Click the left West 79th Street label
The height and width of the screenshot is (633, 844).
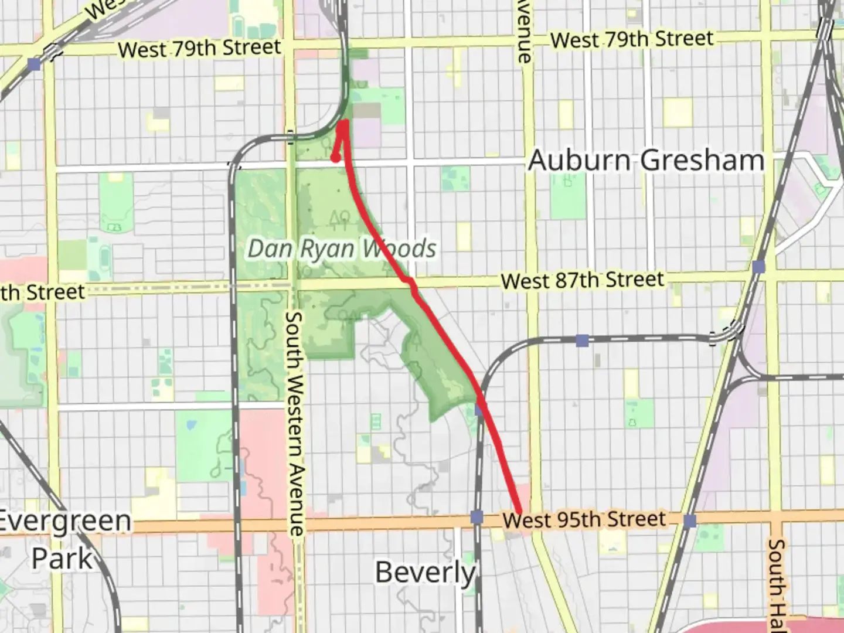[200, 48]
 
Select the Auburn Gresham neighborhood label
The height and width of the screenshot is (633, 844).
[646, 160]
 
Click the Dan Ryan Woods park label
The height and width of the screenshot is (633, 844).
[342, 249]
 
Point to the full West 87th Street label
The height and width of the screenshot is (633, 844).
[583, 280]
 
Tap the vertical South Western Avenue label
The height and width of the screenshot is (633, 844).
[295, 423]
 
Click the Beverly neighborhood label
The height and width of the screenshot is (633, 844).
[426, 571]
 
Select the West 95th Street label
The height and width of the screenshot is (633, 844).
[584, 519]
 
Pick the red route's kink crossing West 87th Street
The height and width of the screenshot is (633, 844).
[412, 287]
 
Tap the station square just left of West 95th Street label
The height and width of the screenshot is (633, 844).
[477, 517]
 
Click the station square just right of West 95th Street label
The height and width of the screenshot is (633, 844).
[690, 520]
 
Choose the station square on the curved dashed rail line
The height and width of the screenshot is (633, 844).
[582, 341]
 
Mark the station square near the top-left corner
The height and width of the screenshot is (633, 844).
[35, 63]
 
